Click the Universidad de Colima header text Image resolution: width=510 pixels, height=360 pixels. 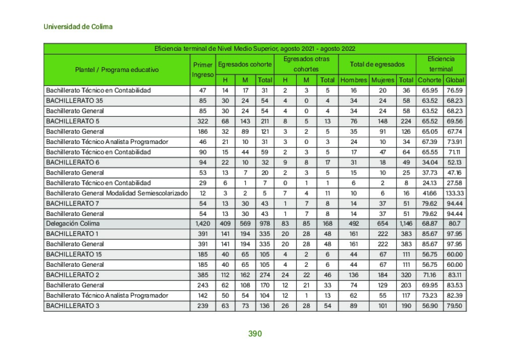click(x=78, y=27)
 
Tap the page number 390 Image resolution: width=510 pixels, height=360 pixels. click(x=255, y=334)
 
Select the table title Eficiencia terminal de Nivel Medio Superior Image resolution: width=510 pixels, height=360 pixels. click(x=254, y=49)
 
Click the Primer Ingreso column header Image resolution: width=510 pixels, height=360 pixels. click(x=203, y=69)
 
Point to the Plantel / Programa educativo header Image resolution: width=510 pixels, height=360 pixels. click(x=116, y=69)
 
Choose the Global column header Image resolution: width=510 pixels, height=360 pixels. click(x=455, y=80)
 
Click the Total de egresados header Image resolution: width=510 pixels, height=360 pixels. click(x=377, y=64)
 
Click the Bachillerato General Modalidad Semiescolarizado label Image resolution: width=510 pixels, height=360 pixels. click(x=116, y=193)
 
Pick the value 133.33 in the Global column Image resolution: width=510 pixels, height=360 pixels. click(x=455, y=193)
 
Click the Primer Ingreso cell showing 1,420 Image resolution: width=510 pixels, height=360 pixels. click(x=203, y=224)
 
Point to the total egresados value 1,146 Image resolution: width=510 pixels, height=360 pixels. click(x=406, y=224)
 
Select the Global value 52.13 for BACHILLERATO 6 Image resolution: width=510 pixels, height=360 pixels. click(x=455, y=162)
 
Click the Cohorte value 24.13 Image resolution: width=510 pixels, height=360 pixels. click(x=429, y=183)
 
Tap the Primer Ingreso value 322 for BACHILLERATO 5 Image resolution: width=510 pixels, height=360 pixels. click(x=203, y=121)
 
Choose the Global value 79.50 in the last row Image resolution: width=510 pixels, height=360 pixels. click(x=455, y=306)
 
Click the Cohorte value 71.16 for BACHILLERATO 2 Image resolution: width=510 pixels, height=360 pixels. click(x=429, y=275)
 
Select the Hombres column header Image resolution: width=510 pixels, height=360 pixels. click(x=354, y=80)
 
